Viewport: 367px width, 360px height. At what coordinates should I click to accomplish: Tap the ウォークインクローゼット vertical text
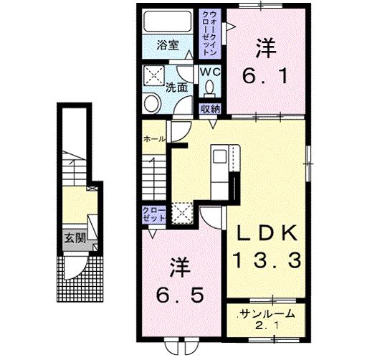[x=211, y=33]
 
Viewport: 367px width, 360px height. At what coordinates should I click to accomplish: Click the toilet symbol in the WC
[x=209, y=89]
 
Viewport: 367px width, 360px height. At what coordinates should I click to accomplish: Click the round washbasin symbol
[x=151, y=103]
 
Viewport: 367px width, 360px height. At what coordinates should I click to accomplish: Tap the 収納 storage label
[x=210, y=108]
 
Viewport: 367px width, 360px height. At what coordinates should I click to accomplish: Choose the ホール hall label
[x=154, y=138]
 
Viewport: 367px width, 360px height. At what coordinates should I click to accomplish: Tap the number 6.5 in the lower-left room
[x=181, y=294]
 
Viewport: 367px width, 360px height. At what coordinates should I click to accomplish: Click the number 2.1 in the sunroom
[x=265, y=326]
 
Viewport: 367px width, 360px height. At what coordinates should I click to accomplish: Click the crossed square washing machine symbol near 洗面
[x=152, y=75]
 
